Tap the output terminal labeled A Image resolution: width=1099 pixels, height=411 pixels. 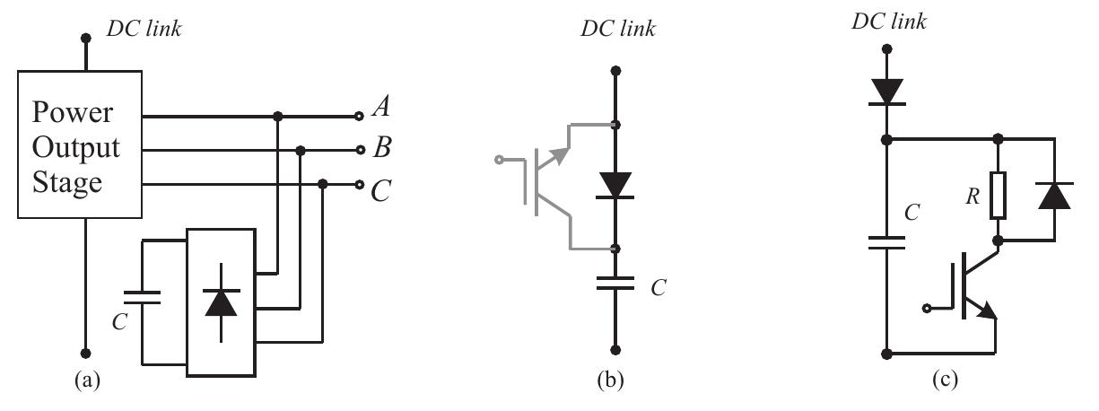click(x=360, y=116)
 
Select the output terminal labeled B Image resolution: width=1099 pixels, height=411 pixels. click(x=360, y=150)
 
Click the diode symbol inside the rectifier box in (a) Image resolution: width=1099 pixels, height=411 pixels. click(x=221, y=303)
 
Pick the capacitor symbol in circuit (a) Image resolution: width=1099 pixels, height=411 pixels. click(x=141, y=298)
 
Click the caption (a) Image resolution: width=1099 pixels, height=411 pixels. click(x=86, y=380)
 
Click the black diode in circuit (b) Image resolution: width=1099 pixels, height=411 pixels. click(x=615, y=185)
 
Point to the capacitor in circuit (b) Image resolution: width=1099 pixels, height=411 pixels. click(x=615, y=284)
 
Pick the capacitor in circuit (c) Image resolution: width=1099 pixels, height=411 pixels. click(x=887, y=242)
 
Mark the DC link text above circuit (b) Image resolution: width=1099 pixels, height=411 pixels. click(x=616, y=30)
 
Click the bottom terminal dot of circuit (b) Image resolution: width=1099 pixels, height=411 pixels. click(x=615, y=351)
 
